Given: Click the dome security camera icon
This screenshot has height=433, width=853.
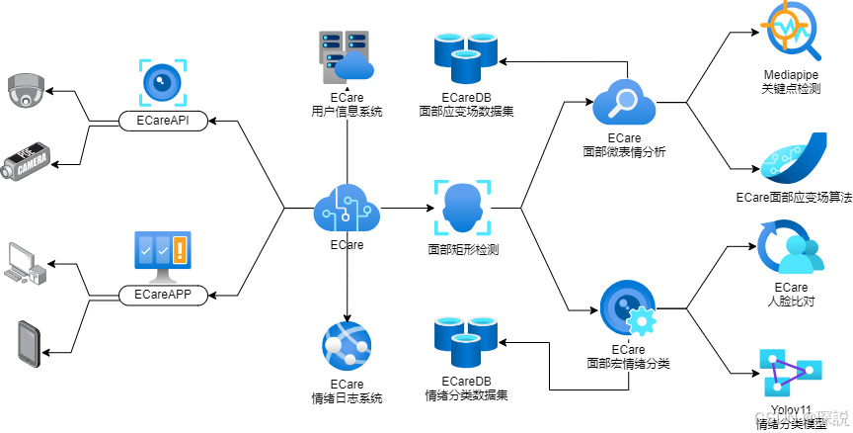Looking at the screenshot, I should [x=26, y=91].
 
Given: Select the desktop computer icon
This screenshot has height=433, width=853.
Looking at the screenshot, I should [x=26, y=263].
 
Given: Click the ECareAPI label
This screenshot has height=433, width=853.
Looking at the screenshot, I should [x=163, y=121].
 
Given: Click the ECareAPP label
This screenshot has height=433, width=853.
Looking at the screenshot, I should [x=163, y=294].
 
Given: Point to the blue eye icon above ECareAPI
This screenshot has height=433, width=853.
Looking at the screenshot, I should [x=163, y=83].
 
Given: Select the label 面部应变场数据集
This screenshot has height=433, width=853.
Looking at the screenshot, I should [x=466, y=105].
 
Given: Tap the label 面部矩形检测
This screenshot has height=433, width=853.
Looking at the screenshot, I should [x=463, y=249].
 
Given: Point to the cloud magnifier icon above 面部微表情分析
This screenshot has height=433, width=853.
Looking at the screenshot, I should [x=624, y=103].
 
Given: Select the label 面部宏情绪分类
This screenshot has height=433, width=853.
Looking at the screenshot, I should [x=628, y=357].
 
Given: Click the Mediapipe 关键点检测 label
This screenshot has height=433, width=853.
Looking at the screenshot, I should [x=793, y=82].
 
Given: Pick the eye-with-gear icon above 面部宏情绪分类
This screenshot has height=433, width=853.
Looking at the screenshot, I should [x=628, y=309].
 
